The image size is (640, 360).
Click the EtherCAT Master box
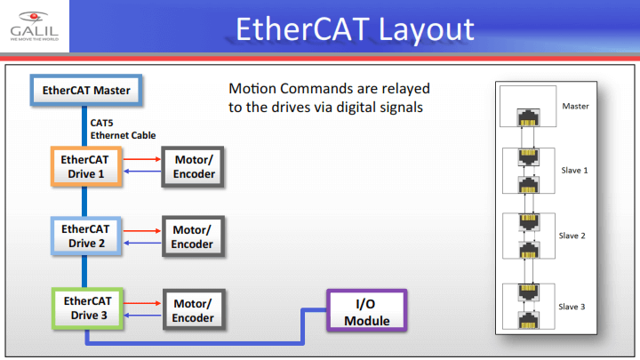[86, 91]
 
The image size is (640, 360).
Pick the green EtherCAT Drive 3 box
[86, 307]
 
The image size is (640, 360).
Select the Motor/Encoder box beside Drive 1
[193, 166]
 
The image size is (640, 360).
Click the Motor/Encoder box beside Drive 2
[193, 236]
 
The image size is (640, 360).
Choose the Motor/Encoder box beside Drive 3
[193, 310]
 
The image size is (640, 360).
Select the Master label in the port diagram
[576, 106]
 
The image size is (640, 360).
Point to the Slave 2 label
[574, 236]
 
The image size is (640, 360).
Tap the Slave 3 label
[574, 307]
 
